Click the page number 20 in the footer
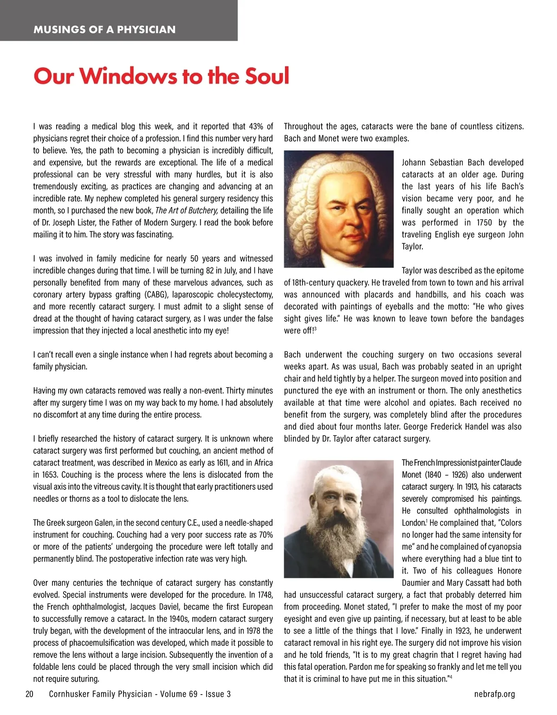29,694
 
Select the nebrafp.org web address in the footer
495,694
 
